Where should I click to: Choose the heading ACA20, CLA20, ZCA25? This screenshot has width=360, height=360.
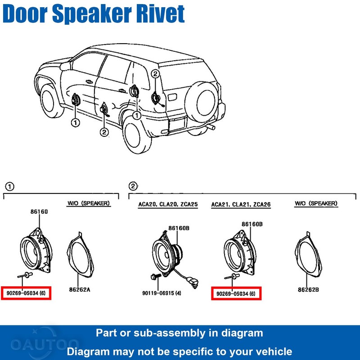(x=167, y=205)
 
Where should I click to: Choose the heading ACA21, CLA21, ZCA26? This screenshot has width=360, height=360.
(x=241, y=205)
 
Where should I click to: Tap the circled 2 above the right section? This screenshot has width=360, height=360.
(x=133, y=186)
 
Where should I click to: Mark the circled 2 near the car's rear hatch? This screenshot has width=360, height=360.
(x=155, y=74)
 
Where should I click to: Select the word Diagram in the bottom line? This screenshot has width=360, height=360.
(x=92, y=351)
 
